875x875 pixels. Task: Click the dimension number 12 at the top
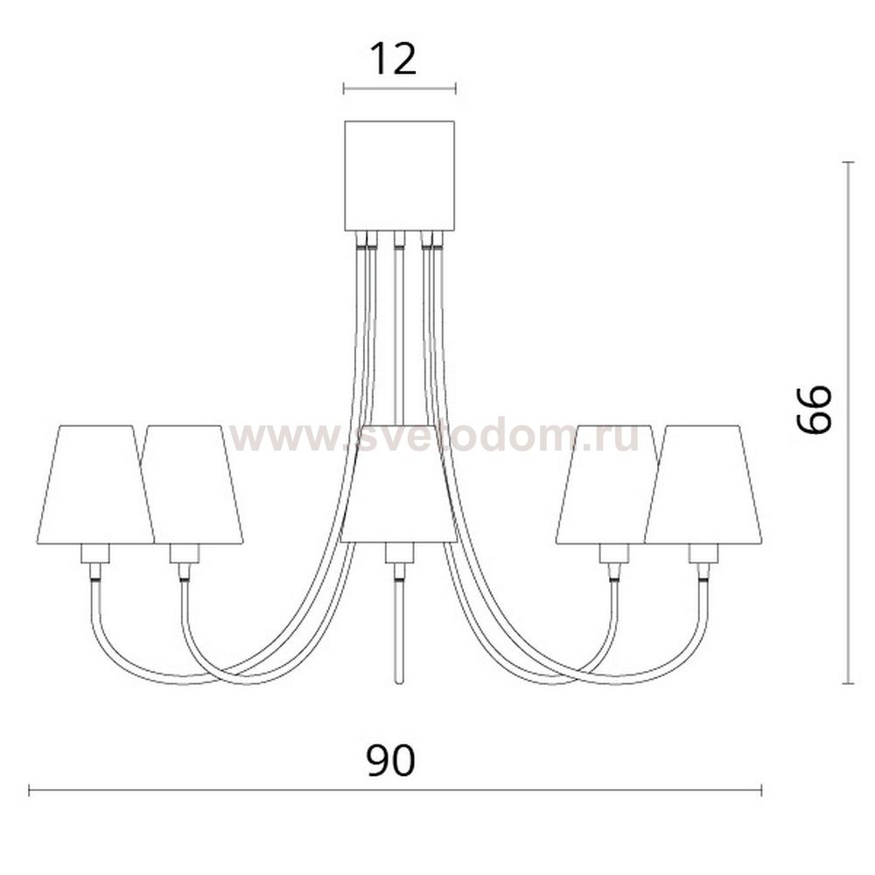tap(394, 59)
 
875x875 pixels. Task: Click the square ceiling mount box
tap(400, 176)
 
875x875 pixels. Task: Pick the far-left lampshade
tap(94, 485)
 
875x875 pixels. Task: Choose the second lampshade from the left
tap(193, 485)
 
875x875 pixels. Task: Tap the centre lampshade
tap(399, 483)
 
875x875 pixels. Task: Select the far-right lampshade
tap(703, 485)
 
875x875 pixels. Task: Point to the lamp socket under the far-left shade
tap(94, 554)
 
